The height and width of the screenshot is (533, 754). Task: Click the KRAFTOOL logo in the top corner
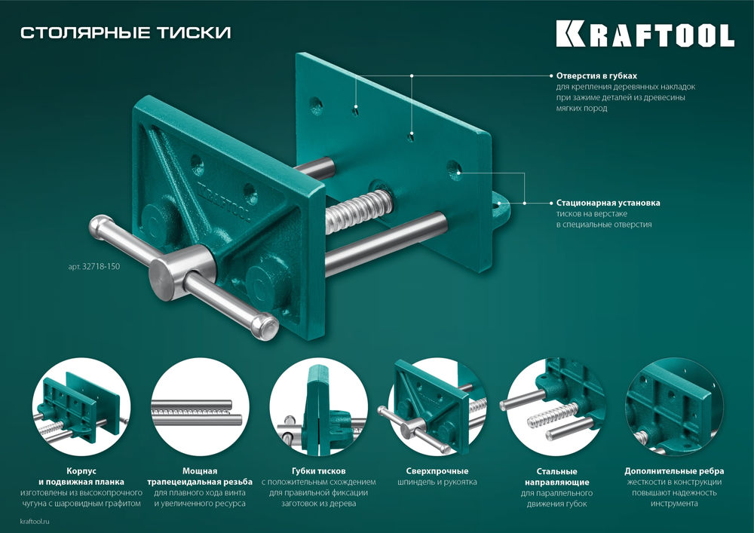click(645, 34)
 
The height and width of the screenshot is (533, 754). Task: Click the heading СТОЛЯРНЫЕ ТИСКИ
click(125, 32)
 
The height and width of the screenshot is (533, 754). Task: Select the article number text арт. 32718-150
click(89, 265)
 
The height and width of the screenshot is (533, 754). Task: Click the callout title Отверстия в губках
click(596, 76)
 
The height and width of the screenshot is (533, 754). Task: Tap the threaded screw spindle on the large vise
click(359, 207)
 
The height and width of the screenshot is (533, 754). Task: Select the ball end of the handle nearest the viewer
click(265, 326)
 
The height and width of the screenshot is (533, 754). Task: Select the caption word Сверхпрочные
click(437, 470)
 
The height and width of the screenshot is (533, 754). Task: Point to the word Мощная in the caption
click(199, 470)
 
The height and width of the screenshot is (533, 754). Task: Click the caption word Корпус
click(81, 470)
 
